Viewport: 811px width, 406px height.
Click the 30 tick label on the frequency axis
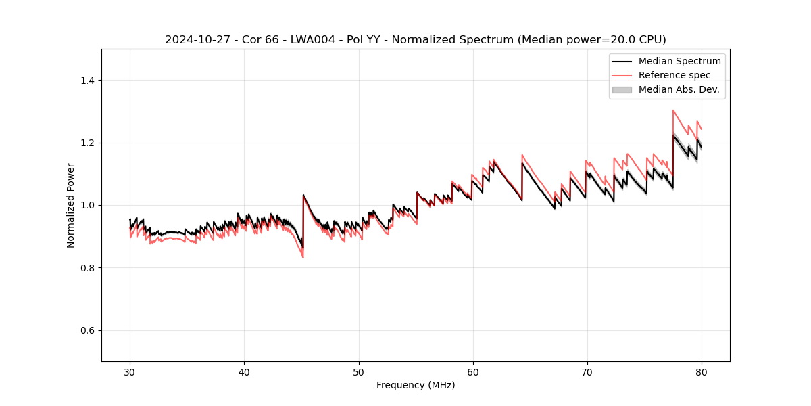tap(130, 371)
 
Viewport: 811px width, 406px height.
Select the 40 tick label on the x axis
tap(245, 371)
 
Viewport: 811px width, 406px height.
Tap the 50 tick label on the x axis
tap(359, 371)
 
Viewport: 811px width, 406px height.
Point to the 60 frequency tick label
tap(473, 371)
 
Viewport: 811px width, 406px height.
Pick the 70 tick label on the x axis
tap(587, 371)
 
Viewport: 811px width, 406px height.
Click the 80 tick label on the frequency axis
tap(702, 371)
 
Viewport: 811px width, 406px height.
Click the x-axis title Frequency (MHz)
tap(416, 385)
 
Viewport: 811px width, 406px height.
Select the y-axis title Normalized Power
tap(71, 205)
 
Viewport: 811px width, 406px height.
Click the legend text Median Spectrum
tap(679, 61)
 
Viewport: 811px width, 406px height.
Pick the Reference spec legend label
tap(674, 75)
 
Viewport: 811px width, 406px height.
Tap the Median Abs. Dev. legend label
tap(679, 89)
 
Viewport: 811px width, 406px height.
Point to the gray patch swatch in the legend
tap(622, 89)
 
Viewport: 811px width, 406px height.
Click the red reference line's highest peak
tap(673, 110)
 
